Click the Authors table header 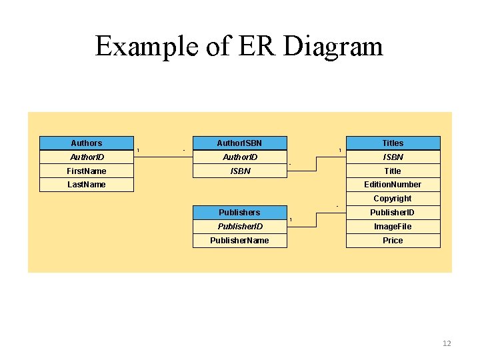click(x=87, y=143)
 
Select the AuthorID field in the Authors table click(x=87, y=157)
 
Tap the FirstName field click(x=87, y=171)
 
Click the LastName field click(x=87, y=185)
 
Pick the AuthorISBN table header click(x=239, y=143)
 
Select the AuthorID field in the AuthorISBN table click(x=239, y=157)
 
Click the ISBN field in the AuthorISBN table click(x=239, y=171)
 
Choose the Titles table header click(x=393, y=143)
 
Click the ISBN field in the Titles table click(x=393, y=157)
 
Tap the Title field click(x=393, y=171)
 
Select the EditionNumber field click(x=393, y=185)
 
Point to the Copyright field click(x=393, y=199)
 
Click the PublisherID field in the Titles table click(x=393, y=213)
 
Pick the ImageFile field click(x=393, y=227)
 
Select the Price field click(x=393, y=241)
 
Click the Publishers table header click(x=239, y=213)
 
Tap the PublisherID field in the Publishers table click(x=239, y=227)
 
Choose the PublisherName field click(x=239, y=241)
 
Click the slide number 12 click(x=447, y=343)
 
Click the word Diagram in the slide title click(x=333, y=47)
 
